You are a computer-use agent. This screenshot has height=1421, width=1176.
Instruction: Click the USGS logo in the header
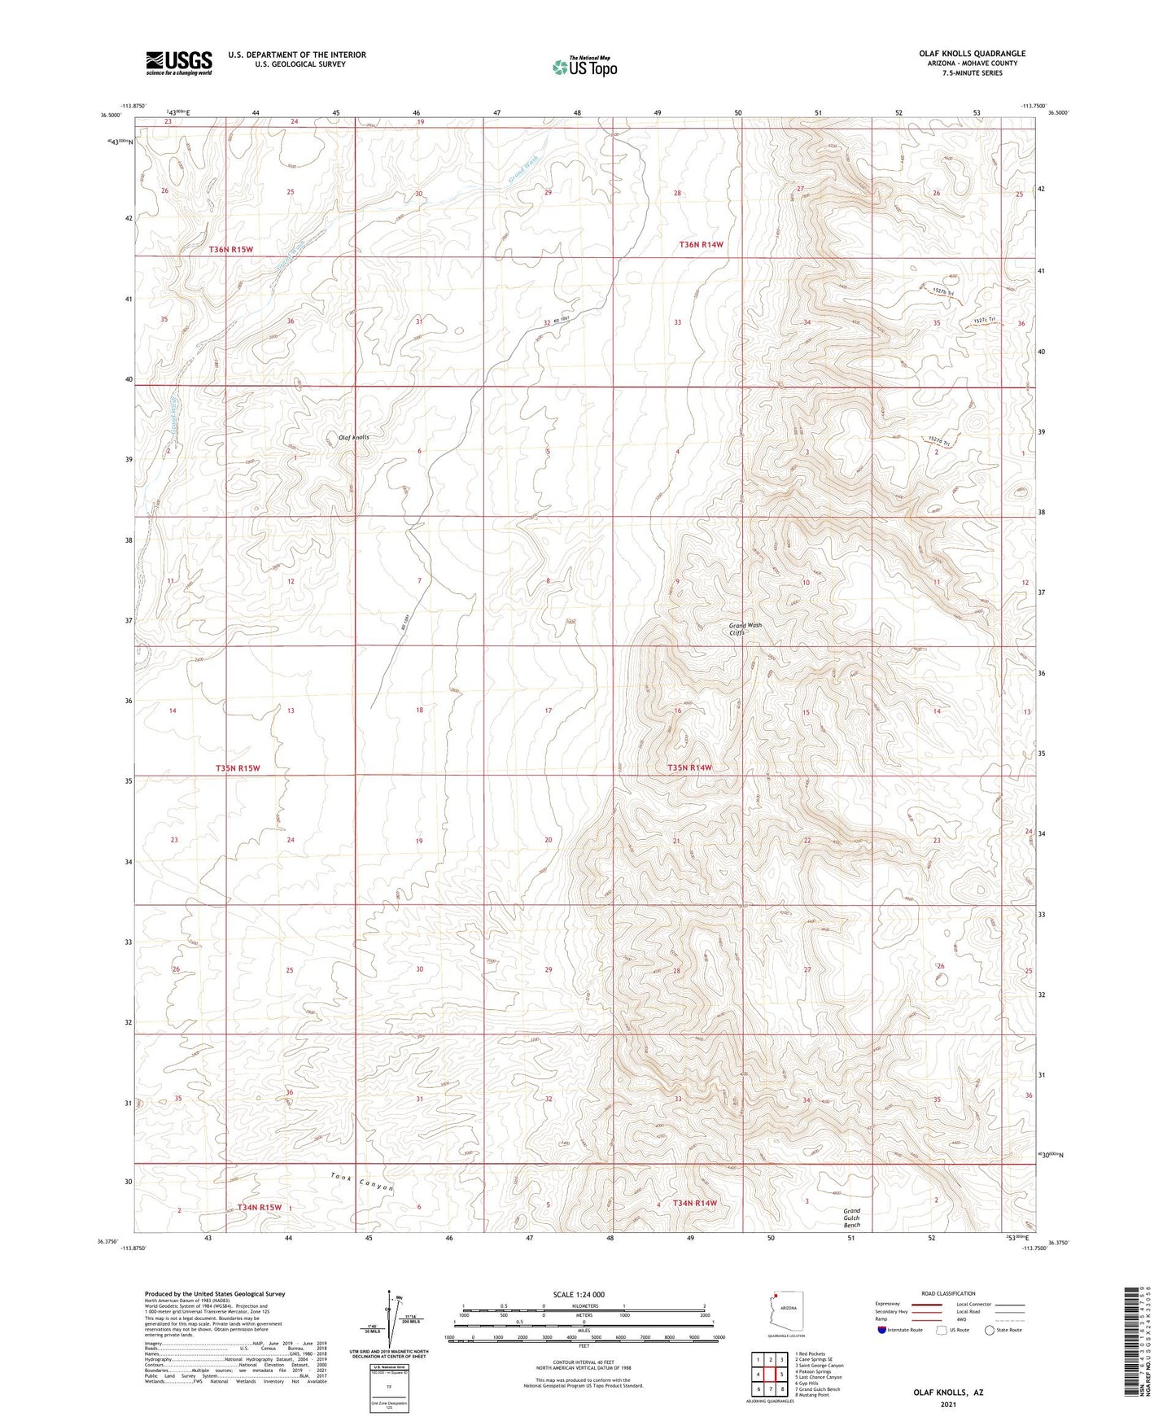179,62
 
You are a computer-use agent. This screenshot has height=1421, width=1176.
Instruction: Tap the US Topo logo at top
584,67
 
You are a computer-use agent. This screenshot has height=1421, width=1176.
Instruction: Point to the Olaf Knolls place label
353,437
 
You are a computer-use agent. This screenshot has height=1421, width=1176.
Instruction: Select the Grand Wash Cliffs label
745,628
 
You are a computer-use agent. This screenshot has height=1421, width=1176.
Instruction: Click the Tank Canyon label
362,1183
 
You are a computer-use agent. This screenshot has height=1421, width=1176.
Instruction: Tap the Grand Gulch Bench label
851,1218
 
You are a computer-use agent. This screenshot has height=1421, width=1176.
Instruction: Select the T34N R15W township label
260,1207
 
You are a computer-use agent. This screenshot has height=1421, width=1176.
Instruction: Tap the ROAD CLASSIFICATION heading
948,1293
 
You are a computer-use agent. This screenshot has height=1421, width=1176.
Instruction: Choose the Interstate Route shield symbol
884,1330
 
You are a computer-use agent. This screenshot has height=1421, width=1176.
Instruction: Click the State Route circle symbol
990,1330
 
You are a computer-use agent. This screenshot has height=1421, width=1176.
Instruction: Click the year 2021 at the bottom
947,1404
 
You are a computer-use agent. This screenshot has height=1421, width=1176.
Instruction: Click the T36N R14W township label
702,244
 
